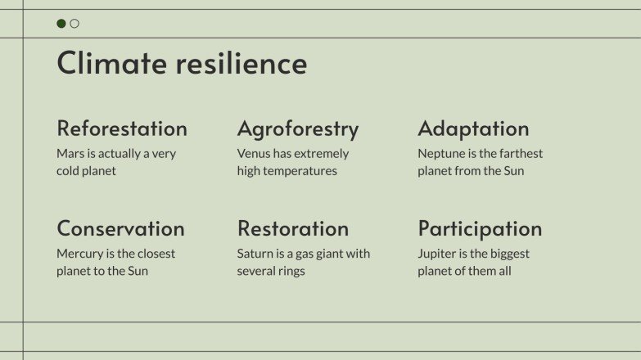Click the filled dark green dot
tap(61, 24)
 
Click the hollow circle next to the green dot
tap(74, 24)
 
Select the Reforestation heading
tap(122, 128)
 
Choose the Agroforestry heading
tap(298, 128)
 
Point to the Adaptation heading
tap(473, 128)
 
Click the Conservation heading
tap(120, 228)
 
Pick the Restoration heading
tap(293, 228)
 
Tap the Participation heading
tap(480, 228)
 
